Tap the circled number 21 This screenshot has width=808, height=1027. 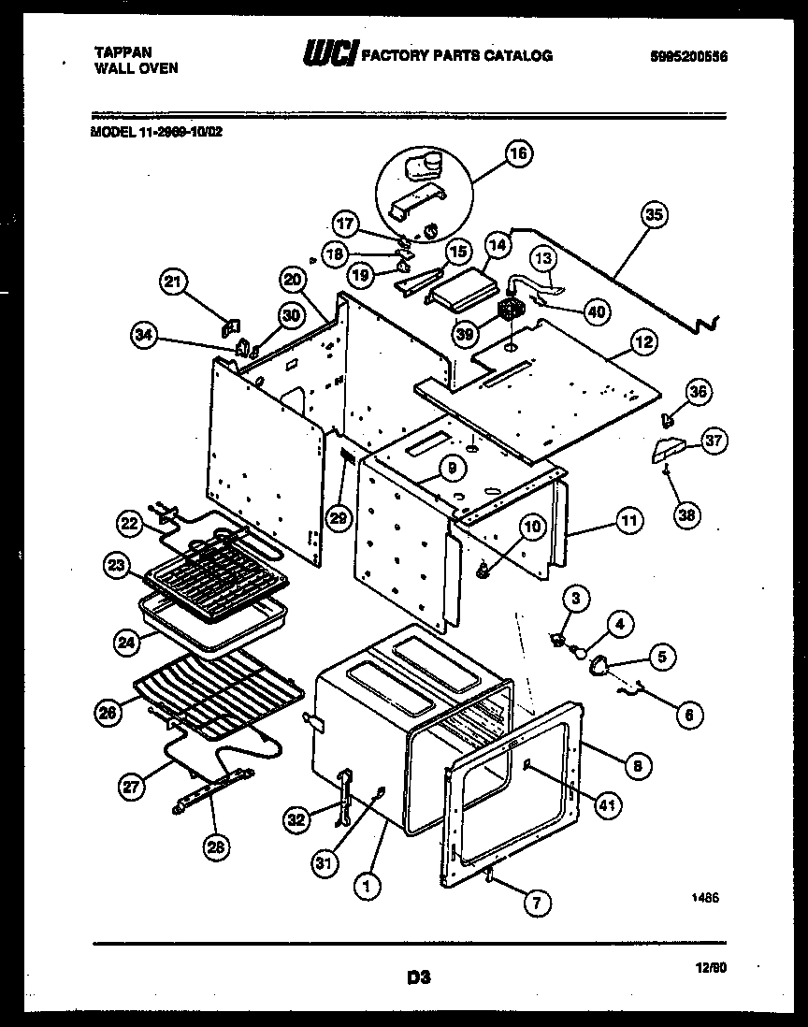(175, 283)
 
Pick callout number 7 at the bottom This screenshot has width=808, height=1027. (536, 904)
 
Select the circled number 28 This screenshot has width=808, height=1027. (217, 847)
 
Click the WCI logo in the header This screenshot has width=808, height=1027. (326, 55)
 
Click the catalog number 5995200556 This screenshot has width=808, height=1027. (688, 56)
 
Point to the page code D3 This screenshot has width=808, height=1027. (418, 978)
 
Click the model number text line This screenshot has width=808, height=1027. (157, 132)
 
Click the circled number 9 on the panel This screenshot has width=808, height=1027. (451, 467)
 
